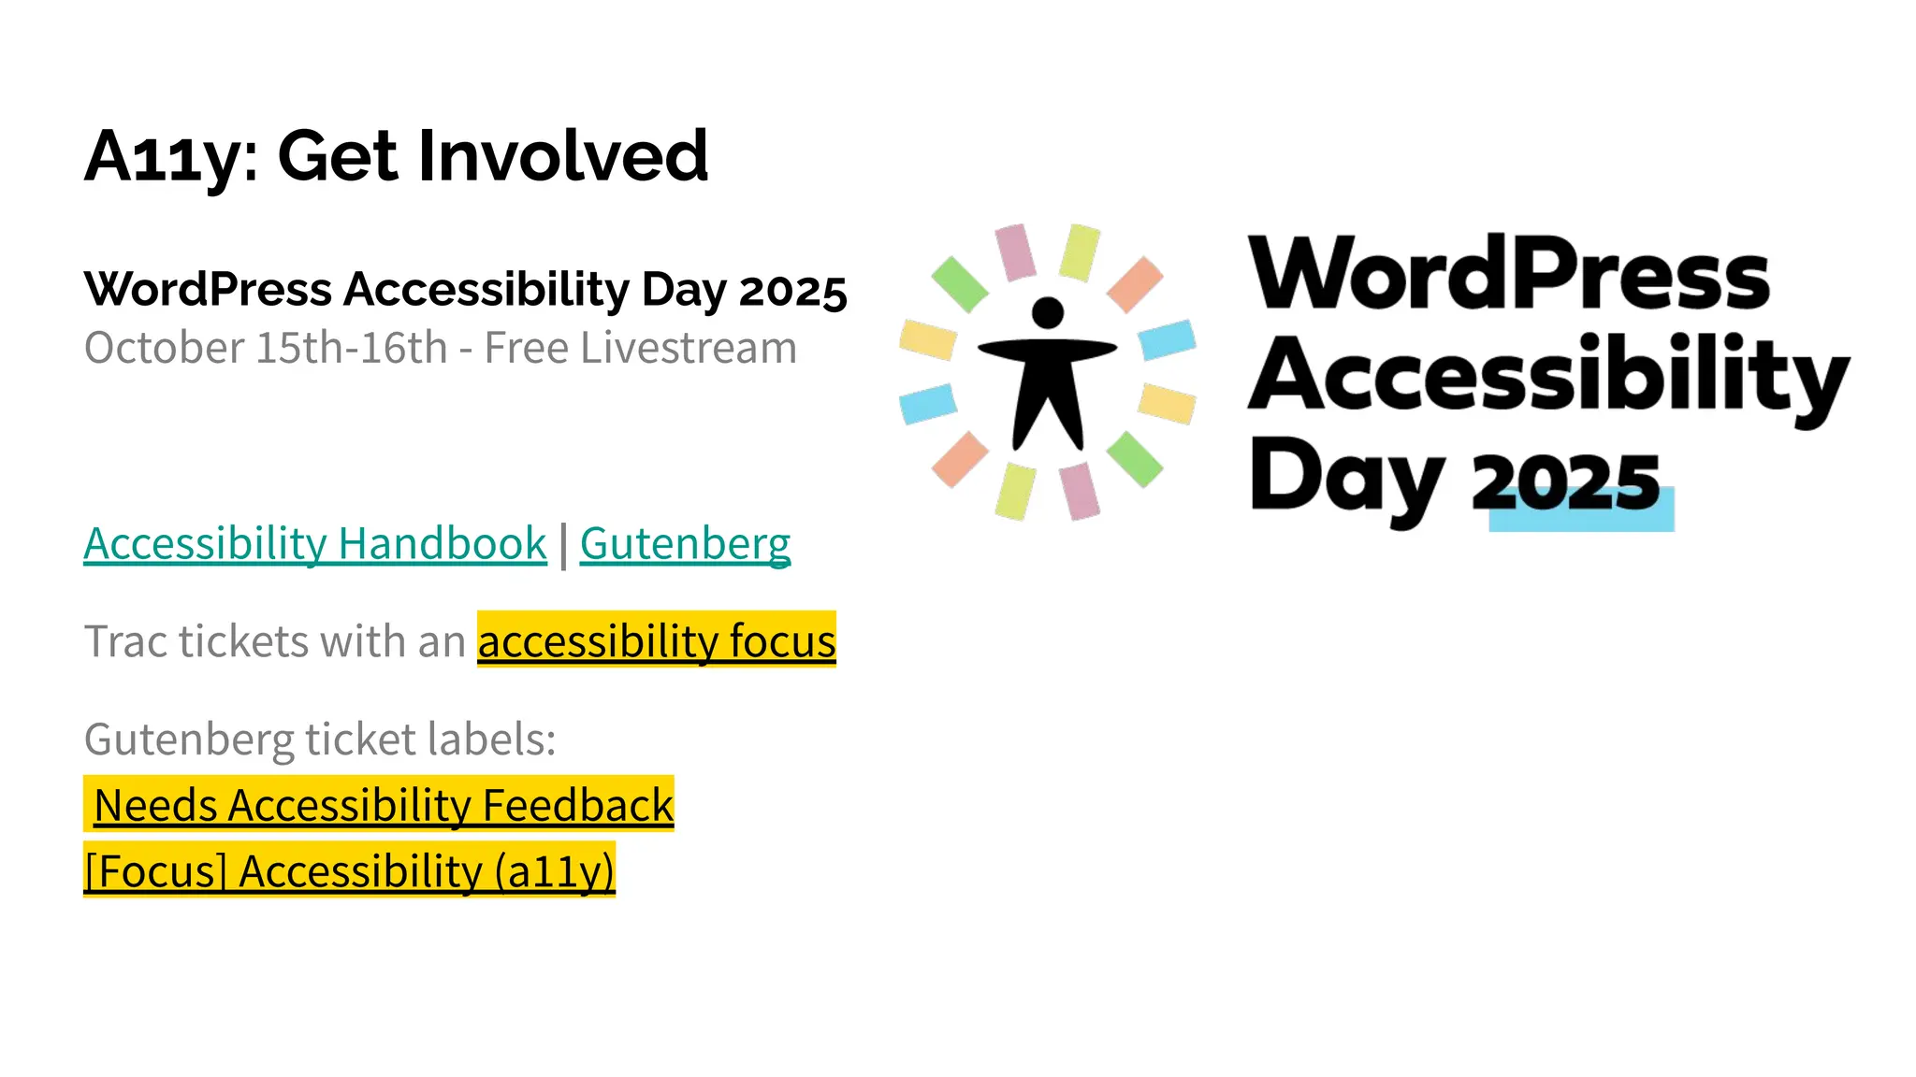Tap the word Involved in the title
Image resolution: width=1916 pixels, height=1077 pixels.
coord(562,155)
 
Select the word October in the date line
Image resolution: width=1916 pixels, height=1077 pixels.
coord(164,349)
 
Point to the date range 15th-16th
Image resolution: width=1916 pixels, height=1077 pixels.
coord(351,349)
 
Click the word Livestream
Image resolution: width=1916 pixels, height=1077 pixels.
coord(688,349)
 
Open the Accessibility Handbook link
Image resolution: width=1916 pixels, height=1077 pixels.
coord(315,544)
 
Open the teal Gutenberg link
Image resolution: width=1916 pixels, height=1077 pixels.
coord(685,544)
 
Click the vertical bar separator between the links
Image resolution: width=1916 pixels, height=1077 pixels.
coord(563,546)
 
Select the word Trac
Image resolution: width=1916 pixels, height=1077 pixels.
coord(124,642)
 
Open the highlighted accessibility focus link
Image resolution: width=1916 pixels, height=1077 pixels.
coord(656,642)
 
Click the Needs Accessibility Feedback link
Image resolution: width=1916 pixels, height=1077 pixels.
coord(384,806)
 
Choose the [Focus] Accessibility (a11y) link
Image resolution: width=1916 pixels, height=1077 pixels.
coord(349,872)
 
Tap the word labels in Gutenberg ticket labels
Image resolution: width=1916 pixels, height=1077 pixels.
coord(491,740)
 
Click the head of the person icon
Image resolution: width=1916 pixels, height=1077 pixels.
coord(1048,312)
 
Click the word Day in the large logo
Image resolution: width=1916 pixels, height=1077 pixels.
coord(1347,477)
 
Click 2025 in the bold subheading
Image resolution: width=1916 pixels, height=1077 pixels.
coord(792,291)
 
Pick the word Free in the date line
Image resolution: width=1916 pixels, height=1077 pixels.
coord(527,349)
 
